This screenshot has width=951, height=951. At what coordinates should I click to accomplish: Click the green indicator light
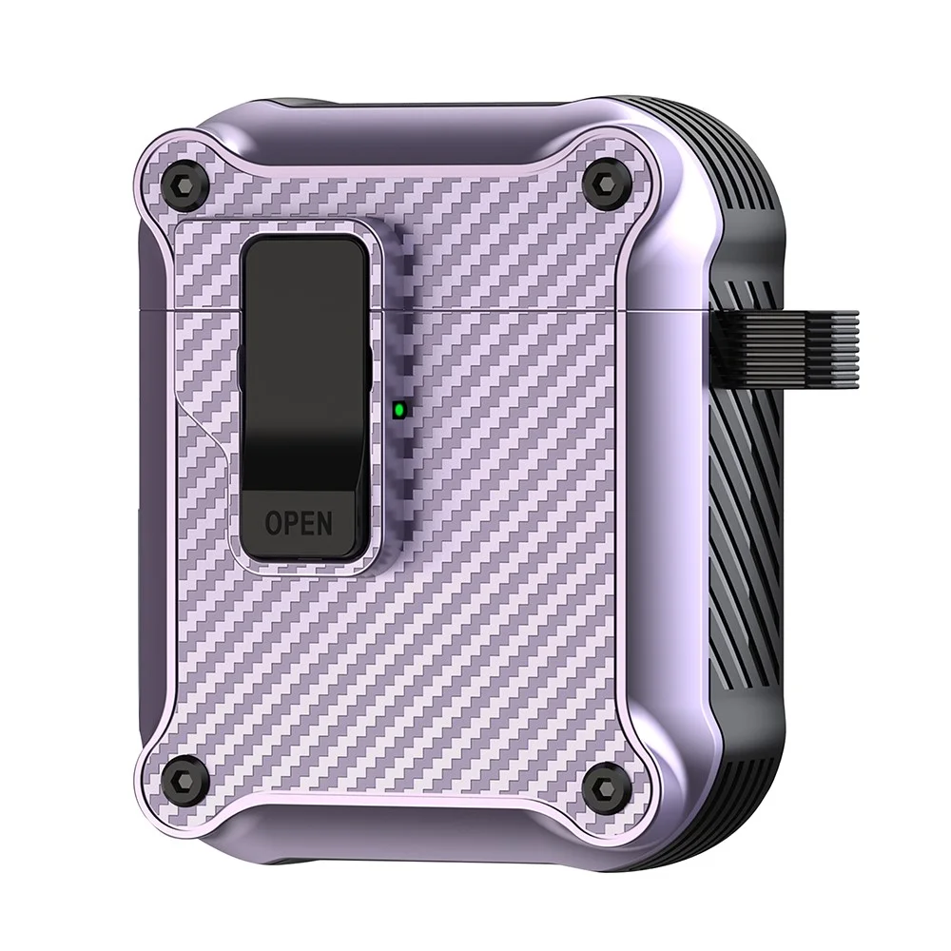click(399, 411)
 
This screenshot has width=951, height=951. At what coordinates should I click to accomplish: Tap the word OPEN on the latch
click(299, 523)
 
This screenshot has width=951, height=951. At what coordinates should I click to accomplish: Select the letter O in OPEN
click(273, 523)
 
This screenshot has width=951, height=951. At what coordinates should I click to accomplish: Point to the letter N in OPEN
click(324, 523)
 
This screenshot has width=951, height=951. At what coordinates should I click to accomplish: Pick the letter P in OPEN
click(290, 523)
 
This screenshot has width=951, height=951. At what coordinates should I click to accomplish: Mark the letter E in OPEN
click(307, 523)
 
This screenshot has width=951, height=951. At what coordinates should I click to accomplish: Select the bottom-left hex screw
click(184, 778)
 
